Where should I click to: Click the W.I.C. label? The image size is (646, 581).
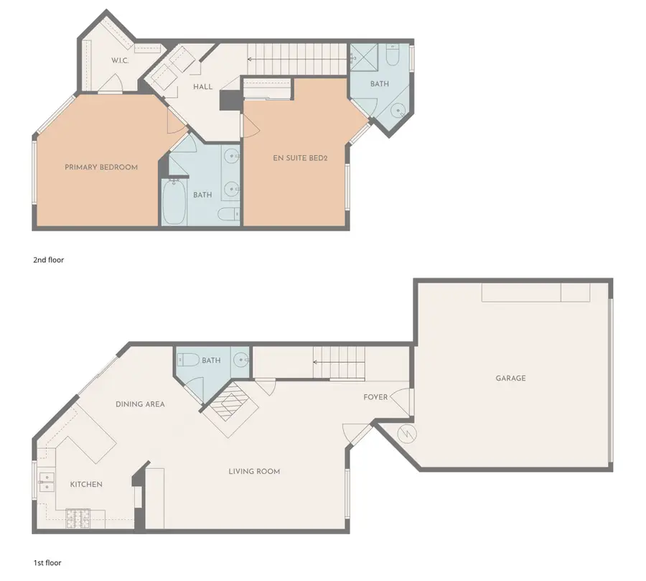click(x=120, y=60)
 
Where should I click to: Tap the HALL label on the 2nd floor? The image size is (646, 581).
click(x=202, y=87)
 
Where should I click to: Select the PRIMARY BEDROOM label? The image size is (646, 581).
click(x=101, y=167)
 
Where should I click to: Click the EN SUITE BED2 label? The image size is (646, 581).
click(x=300, y=158)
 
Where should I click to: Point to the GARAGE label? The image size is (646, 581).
click(x=510, y=378)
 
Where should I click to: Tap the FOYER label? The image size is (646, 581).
click(x=375, y=397)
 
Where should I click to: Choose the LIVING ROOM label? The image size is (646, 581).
click(x=254, y=471)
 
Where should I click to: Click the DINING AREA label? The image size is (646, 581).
click(x=140, y=404)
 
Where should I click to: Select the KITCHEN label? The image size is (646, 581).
click(x=86, y=484)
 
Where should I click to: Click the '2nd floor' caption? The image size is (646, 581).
click(x=49, y=260)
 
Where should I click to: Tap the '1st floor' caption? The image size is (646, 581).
click(x=47, y=563)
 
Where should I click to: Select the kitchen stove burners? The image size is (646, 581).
click(x=78, y=519)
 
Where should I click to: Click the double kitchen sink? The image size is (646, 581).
click(x=46, y=483)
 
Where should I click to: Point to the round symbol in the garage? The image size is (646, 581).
click(x=407, y=434)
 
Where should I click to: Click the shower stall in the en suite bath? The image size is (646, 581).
click(x=364, y=57)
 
